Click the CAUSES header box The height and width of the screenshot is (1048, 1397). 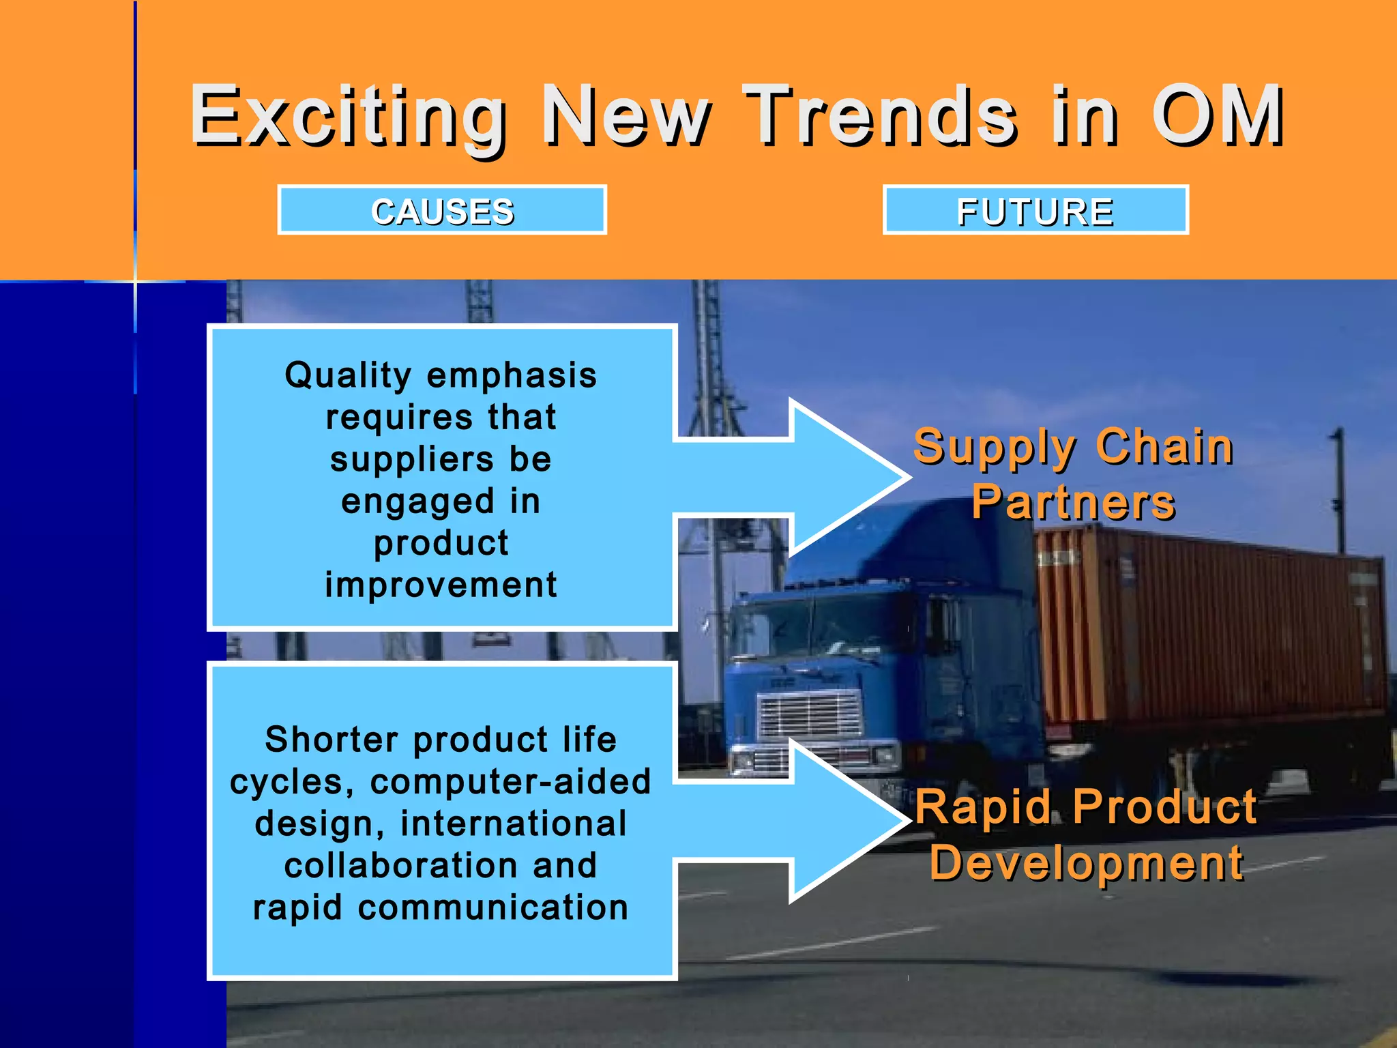tap(442, 210)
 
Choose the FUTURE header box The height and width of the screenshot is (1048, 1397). tap(1035, 210)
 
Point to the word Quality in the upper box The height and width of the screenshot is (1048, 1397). tap(348, 375)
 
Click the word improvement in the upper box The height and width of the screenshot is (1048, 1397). tap(441, 585)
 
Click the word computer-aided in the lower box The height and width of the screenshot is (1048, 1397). tap(510, 782)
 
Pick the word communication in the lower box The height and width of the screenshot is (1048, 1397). tap(492, 907)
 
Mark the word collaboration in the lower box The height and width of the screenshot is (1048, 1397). tap(401, 866)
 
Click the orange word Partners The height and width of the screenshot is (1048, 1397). tap(1073, 503)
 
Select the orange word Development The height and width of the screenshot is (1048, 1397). tap(1086, 863)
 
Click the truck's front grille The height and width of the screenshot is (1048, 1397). tap(808, 714)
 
